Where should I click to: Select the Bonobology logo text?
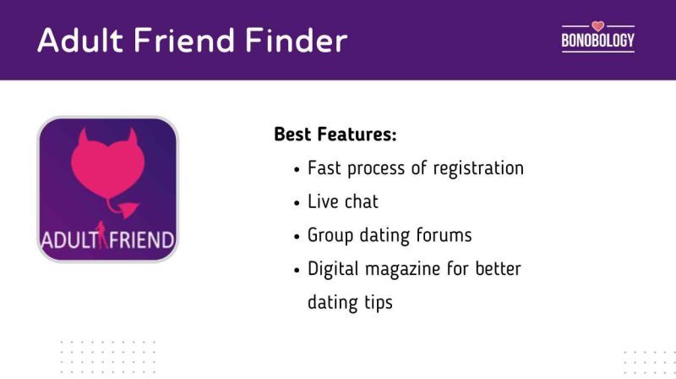[x=597, y=40]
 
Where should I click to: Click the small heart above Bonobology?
[x=597, y=25]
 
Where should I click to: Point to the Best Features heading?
[x=335, y=135]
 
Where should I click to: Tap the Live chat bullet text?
[x=343, y=201]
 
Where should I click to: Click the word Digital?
[x=333, y=269]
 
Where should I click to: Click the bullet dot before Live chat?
[x=297, y=203]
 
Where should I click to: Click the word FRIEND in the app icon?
[x=139, y=239]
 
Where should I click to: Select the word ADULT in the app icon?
[x=68, y=239]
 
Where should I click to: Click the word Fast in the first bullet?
[x=324, y=168]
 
